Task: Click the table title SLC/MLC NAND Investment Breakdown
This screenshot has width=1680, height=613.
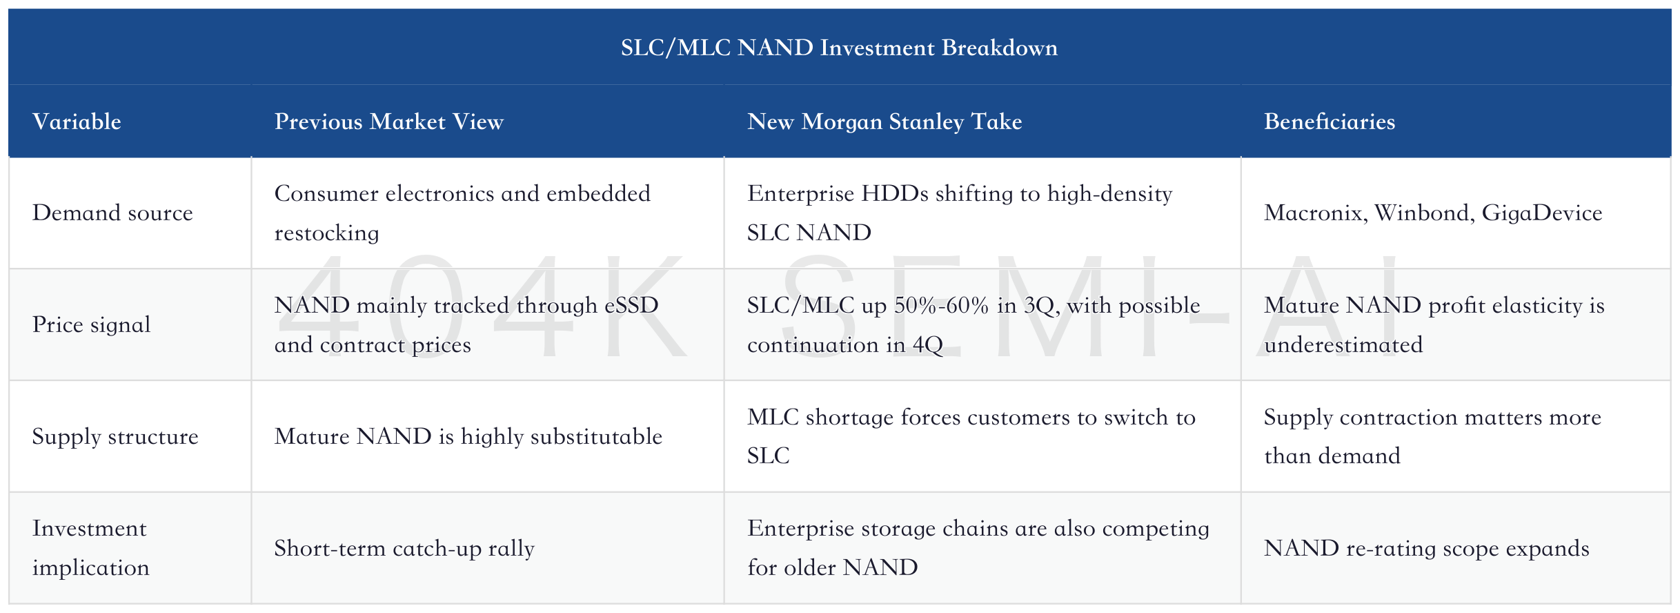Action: click(839, 48)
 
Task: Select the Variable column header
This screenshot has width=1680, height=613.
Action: click(77, 121)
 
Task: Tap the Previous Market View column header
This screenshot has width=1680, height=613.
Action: click(389, 121)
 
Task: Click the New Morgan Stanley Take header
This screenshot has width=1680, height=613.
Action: click(885, 121)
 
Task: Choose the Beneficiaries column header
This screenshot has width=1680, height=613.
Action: click(1330, 121)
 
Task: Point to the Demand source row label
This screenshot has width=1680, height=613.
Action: click(112, 213)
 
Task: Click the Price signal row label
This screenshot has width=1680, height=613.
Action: click(91, 324)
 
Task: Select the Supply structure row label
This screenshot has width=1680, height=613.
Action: click(115, 436)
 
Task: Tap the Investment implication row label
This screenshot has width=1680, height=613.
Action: click(90, 548)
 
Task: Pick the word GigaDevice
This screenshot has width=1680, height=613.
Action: click(1542, 213)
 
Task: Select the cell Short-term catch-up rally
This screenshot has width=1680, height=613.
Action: click(404, 548)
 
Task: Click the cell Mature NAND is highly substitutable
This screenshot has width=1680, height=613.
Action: click(468, 436)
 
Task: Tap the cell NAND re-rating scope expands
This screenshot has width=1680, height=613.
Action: click(1427, 548)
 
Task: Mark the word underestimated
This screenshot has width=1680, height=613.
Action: click(1343, 344)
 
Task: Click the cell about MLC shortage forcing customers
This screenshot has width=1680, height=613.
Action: click(971, 436)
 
